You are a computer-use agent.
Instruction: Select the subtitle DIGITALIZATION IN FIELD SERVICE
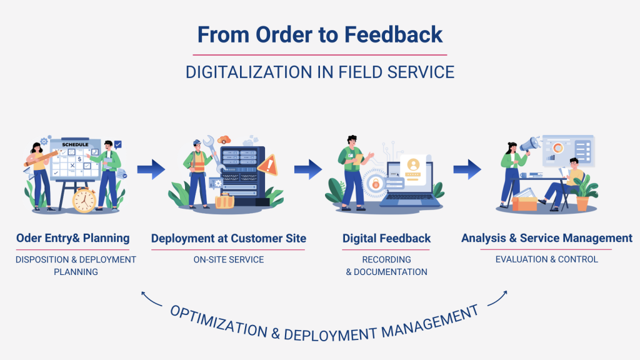(x=320, y=72)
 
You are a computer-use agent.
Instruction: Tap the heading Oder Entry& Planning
(x=73, y=238)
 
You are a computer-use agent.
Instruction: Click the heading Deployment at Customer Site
(x=229, y=238)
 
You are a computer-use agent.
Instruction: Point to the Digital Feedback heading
(x=386, y=238)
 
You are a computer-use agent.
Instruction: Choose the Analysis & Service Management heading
(x=546, y=238)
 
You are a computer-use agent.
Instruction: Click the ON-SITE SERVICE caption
(x=229, y=259)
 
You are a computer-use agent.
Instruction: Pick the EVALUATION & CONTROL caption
(x=546, y=259)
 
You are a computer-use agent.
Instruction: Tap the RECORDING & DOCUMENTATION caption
(x=386, y=266)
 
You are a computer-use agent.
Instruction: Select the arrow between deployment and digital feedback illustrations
(x=307, y=168)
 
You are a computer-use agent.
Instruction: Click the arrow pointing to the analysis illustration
(x=467, y=168)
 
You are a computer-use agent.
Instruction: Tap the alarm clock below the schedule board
(x=84, y=200)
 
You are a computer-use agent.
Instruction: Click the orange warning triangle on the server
(x=269, y=166)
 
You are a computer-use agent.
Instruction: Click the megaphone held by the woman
(x=530, y=146)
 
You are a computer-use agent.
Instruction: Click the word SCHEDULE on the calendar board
(x=74, y=144)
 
